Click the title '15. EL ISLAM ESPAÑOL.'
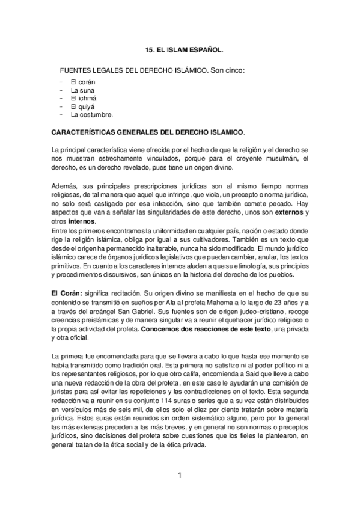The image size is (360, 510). pos(180,52)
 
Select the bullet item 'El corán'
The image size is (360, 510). pos(82,82)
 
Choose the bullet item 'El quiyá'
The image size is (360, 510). pos(82,106)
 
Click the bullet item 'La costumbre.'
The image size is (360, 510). pos(91,114)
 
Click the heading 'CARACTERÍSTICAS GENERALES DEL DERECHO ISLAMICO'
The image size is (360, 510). pos(148,132)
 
